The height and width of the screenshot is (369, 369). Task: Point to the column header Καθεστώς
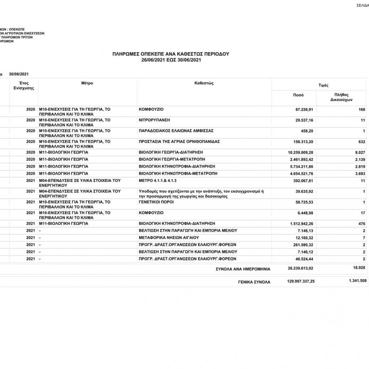click(203, 83)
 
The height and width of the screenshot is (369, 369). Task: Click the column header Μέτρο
click(87, 83)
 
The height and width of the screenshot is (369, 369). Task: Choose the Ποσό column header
click(298, 95)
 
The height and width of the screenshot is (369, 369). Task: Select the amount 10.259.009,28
click(297, 153)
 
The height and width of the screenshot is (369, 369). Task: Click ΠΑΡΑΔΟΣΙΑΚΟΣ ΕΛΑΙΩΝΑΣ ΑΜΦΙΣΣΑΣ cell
click(176, 131)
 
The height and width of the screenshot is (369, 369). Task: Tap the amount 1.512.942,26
click(299, 223)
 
